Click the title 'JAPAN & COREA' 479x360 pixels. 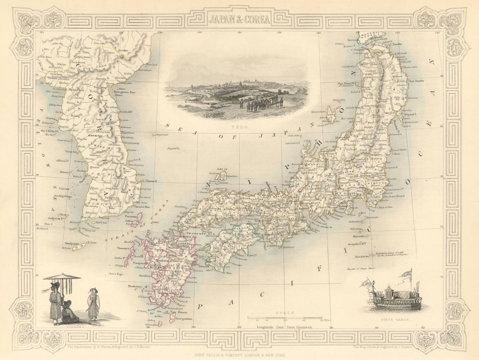239,19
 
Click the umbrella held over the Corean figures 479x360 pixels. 62,278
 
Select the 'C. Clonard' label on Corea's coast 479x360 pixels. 149,181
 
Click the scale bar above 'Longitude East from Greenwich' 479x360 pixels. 285,318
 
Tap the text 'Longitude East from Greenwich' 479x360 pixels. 284,327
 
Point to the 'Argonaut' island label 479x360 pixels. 159,135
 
